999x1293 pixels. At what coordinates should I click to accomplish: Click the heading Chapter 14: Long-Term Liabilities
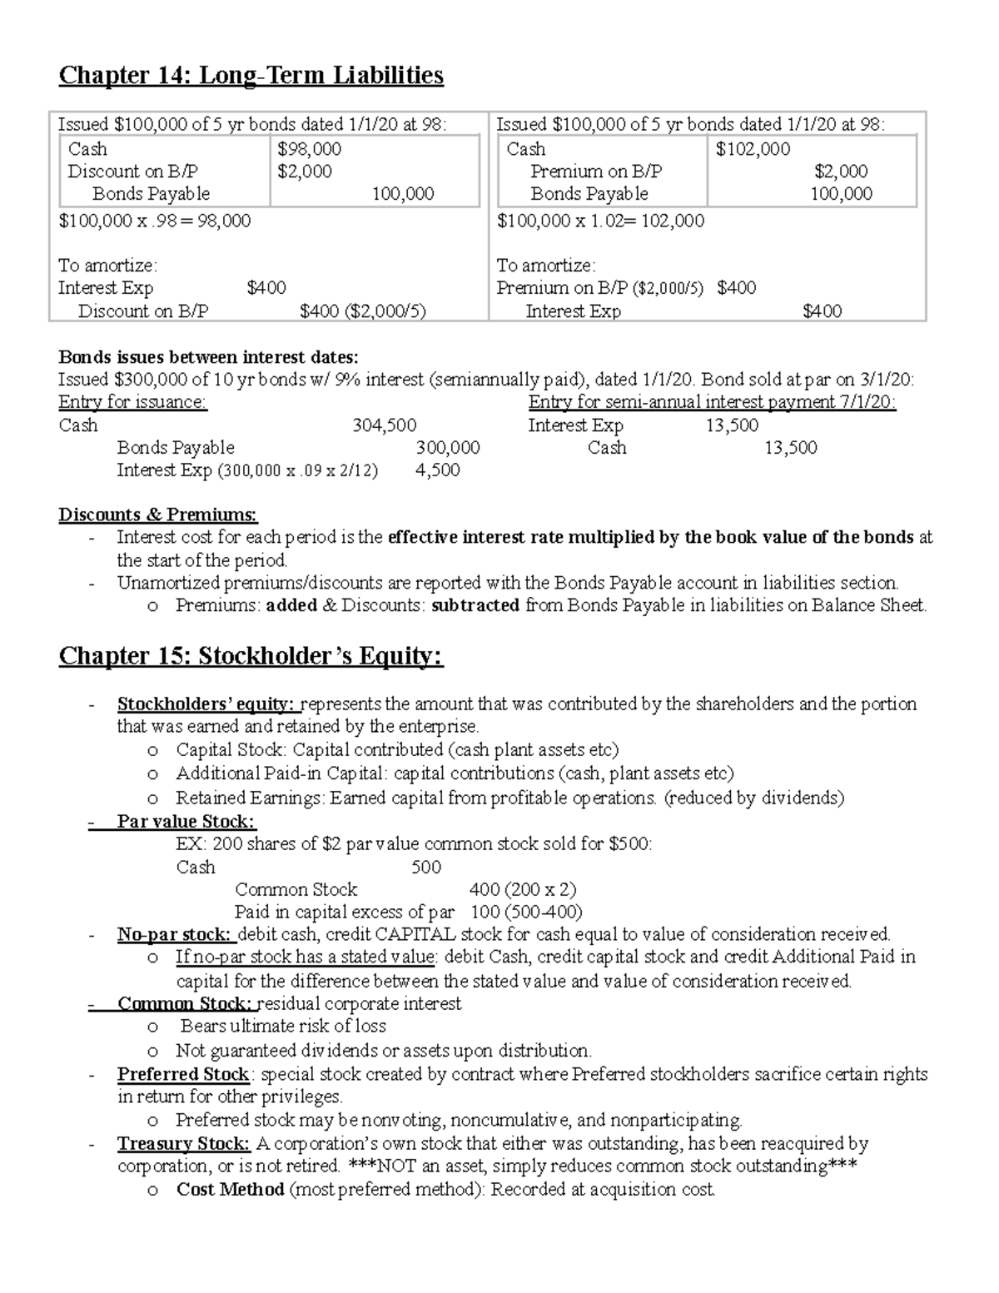[x=251, y=76]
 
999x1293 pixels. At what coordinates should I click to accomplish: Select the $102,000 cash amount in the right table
[x=753, y=149]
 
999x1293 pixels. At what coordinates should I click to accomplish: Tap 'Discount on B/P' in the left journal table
[x=132, y=172]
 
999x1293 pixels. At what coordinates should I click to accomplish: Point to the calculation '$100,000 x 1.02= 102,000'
[x=600, y=221]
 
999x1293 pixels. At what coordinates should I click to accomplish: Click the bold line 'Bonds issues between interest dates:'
[x=208, y=357]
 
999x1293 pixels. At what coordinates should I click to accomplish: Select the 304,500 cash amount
[x=384, y=425]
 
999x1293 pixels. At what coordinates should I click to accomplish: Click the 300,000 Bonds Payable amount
[x=447, y=448]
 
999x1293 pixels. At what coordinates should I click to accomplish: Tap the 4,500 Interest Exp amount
[x=437, y=470]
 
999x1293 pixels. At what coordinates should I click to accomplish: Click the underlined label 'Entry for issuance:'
[x=132, y=403]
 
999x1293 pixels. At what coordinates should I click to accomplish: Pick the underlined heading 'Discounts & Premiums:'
[x=157, y=515]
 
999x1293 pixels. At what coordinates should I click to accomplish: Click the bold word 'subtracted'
[x=475, y=606]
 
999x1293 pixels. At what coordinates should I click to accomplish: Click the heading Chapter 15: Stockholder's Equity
[x=251, y=657]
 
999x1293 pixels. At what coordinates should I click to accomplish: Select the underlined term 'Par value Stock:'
[x=185, y=822]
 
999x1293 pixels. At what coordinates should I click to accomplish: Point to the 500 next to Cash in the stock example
[x=426, y=868]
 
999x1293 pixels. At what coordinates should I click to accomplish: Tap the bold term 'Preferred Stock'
[x=183, y=1074]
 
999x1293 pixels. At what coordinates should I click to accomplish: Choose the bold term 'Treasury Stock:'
[x=183, y=1144]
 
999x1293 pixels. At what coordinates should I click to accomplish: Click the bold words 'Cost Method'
[x=230, y=1190]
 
